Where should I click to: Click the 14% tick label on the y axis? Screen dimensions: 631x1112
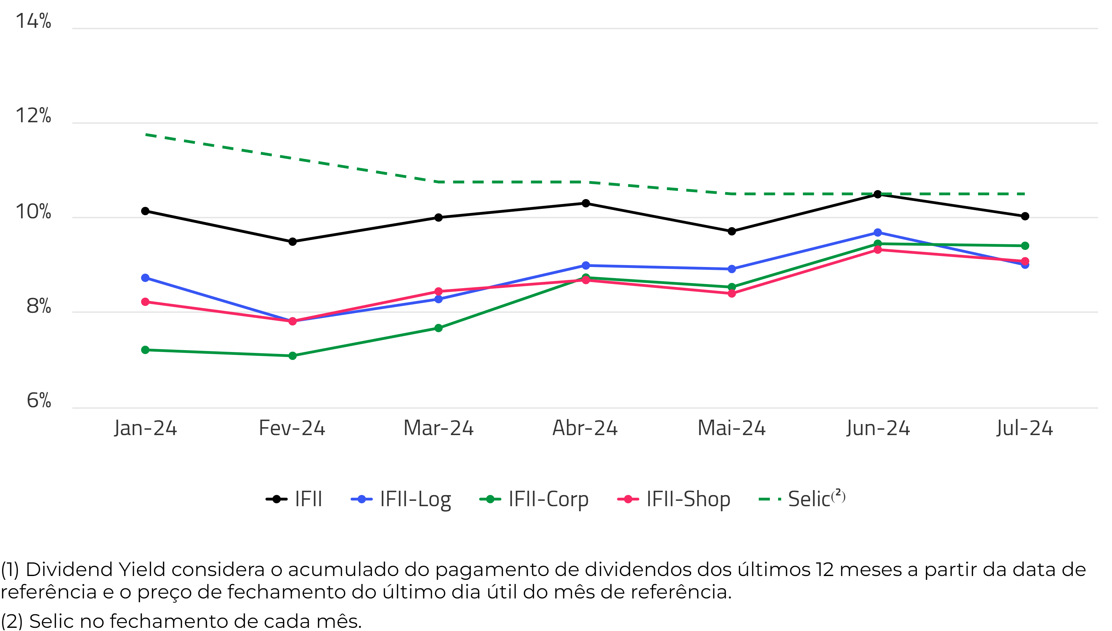33,21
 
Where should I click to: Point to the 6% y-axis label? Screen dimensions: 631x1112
39,400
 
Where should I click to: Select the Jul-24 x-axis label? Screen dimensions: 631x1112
1024,428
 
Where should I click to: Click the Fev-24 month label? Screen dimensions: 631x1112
292,428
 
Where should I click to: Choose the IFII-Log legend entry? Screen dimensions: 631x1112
401,499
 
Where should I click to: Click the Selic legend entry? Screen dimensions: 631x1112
802,499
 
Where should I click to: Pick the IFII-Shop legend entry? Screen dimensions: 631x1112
674,499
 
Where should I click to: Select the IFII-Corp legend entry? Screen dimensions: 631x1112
534,499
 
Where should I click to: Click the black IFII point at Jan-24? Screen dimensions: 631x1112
146,211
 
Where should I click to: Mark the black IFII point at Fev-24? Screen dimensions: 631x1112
293,241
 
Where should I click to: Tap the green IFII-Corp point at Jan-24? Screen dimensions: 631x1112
146,350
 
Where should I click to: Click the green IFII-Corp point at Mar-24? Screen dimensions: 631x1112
438,328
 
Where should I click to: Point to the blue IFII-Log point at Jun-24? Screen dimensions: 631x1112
878,233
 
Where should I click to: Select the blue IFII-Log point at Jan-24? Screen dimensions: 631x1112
146,278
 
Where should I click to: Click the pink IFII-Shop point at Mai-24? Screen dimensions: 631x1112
732,294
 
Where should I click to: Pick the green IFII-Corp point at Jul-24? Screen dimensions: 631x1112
1025,246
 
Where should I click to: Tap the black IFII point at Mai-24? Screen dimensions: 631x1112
732,231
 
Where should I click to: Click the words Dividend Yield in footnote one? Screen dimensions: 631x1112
95,569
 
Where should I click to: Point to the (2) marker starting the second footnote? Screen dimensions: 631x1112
12,621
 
